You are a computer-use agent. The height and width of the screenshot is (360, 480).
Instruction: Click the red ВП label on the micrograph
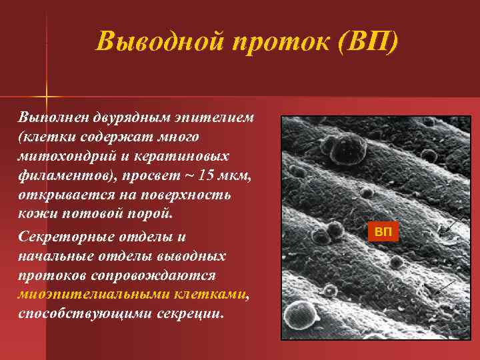coord(383,232)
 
